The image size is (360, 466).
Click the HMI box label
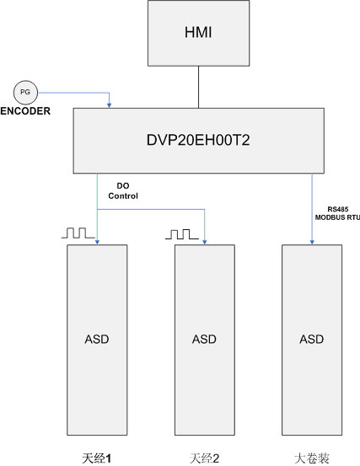[x=198, y=32]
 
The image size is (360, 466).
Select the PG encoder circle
[x=25, y=93]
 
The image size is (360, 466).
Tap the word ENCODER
[x=25, y=111]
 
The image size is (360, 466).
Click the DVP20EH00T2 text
[x=198, y=140]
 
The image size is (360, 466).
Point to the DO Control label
[x=123, y=190]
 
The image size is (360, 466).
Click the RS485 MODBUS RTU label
[x=337, y=213]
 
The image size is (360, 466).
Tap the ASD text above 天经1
[x=97, y=339]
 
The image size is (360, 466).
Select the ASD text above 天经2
[x=204, y=339]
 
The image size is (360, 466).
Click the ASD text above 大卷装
[x=312, y=339]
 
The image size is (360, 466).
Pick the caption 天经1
[x=97, y=458]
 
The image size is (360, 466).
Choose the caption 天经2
[x=204, y=458]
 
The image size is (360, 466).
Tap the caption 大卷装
[x=312, y=458]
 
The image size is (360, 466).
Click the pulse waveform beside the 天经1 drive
[x=78, y=233]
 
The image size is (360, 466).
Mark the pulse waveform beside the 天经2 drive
[x=182, y=234]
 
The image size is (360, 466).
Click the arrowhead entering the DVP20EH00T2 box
[x=109, y=105]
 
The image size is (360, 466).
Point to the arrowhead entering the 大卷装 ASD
[x=312, y=242]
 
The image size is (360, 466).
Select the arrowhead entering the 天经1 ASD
[x=97, y=242]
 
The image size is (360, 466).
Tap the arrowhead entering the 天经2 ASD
[x=205, y=242]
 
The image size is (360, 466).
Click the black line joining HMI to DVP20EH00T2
[x=199, y=87]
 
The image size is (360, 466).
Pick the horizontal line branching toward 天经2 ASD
[x=151, y=209]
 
